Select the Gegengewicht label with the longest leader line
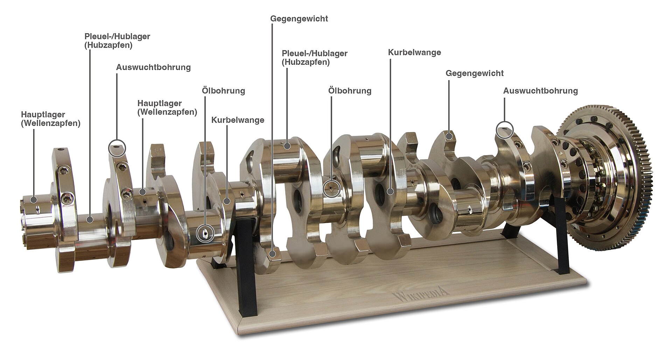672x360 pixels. pyautogui.click(x=299, y=19)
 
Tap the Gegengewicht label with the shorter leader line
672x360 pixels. pyautogui.click(x=474, y=73)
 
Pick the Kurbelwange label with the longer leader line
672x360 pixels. pyautogui.click(x=414, y=53)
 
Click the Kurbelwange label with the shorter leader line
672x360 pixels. pyautogui.click(x=238, y=120)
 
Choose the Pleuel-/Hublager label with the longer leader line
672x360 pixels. pyautogui.click(x=117, y=41)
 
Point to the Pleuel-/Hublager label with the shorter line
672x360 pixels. pyautogui.click(x=315, y=58)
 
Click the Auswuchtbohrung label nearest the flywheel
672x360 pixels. pyautogui.click(x=540, y=91)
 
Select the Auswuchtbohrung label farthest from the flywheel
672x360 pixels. pyautogui.click(x=153, y=67)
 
